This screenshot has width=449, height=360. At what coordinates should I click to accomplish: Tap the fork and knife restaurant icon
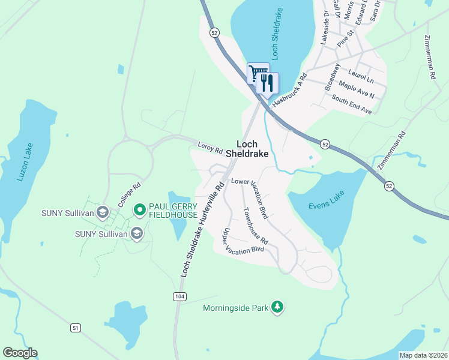pos(268,83)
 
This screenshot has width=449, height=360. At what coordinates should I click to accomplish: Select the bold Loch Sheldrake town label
pos(256,149)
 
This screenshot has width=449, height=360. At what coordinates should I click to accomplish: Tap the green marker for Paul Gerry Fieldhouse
pos(139,209)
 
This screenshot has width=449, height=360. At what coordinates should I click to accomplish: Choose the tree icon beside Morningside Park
pos(277,307)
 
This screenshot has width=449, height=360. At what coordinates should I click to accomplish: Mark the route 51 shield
pos(75,328)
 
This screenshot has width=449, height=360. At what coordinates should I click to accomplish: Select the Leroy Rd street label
pos(210,146)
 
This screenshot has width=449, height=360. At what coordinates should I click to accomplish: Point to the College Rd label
pos(128,194)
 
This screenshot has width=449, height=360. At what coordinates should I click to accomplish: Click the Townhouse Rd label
pos(256,226)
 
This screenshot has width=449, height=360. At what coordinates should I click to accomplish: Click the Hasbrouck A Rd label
pos(289,91)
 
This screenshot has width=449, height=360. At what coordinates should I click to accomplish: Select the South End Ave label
pos(352,106)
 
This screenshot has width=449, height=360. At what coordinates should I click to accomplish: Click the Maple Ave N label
pos(357,91)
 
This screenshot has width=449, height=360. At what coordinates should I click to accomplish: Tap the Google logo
pos(20,353)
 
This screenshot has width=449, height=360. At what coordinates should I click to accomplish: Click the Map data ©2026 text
pos(423,355)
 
